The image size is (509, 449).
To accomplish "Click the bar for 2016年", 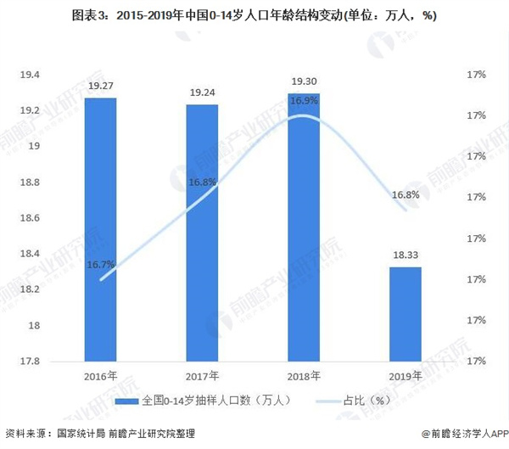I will pos(100,229).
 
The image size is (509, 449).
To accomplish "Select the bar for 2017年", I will pos(202,233).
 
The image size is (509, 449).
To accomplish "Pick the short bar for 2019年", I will pos(406,314).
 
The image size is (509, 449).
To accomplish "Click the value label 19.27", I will pos(100,87).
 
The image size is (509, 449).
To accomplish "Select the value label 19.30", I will pos(304,82).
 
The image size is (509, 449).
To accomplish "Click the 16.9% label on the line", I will pos(304,101).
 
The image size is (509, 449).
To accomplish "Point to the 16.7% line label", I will pos(100,266).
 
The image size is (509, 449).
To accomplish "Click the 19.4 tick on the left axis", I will pos(31,76).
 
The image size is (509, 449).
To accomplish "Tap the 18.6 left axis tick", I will pos(31,218).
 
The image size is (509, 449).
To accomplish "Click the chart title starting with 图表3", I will pos(254,15).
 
